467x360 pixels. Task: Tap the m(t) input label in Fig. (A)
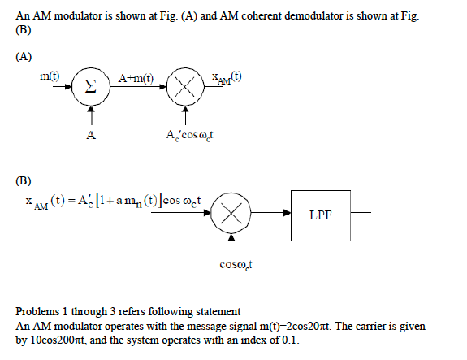coord(50,76)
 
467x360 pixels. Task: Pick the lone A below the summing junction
coord(92,135)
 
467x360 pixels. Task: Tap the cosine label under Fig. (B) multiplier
coord(234,264)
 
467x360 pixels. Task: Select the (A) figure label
coord(24,56)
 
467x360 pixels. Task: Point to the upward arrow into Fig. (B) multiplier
coord(232,242)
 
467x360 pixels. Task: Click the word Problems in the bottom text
coord(37,312)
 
